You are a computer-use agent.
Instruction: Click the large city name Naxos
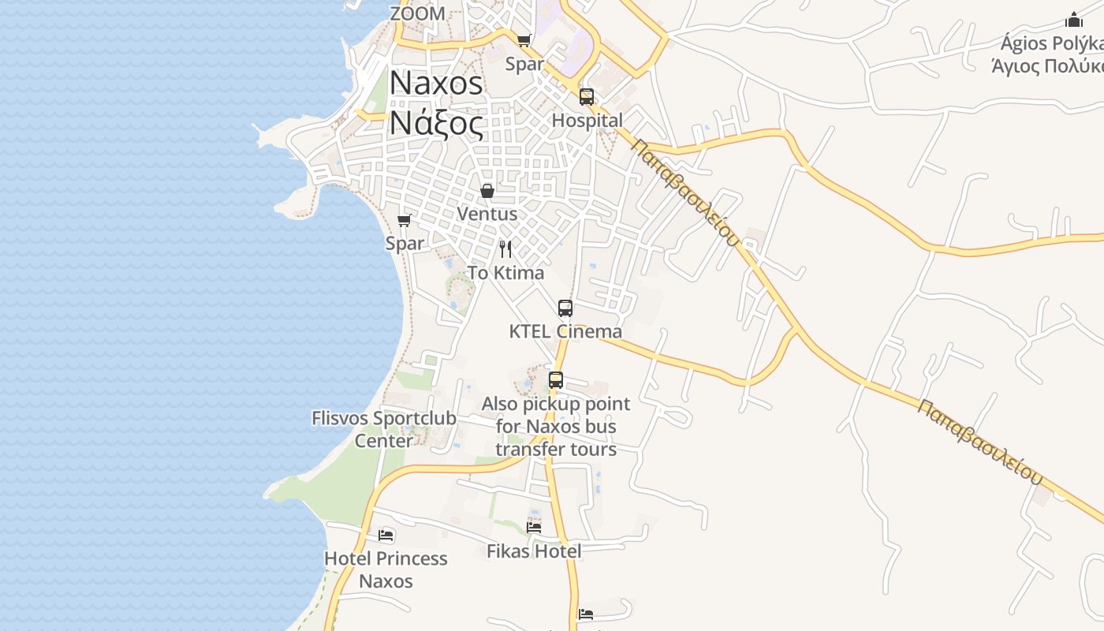(x=436, y=83)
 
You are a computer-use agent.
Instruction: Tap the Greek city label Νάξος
(x=436, y=125)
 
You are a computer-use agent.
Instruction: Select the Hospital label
(x=587, y=121)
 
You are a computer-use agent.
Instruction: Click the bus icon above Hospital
(x=587, y=97)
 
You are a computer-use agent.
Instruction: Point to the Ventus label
(x=487, y=214)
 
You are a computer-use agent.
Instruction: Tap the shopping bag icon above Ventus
(x=487, y=191)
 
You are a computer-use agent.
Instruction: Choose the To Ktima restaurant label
(x=505, y=273)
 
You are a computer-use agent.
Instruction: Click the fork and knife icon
(x=505, y=249)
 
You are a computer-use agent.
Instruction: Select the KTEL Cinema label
(x=565, y=331)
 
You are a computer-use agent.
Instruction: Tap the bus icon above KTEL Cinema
(x=565, y=308)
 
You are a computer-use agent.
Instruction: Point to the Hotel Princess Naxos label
(x=386, y=569)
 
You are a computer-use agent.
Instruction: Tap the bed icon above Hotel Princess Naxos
(x=386, y=536)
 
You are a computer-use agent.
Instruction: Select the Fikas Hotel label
(x=534, y=551)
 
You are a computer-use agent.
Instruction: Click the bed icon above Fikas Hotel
(x=534, y=527)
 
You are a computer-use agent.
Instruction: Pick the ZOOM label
(x=417, y=13)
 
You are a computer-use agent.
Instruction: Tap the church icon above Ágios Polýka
(x=1074, y=20)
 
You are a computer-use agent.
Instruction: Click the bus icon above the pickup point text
(x=556, y=380)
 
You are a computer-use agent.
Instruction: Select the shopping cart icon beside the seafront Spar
(x=405, y=220)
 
